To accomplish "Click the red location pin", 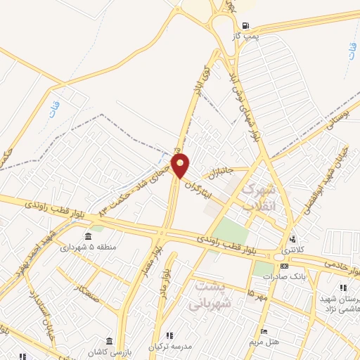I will coord(181,166).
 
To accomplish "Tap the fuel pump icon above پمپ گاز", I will coord(245,24).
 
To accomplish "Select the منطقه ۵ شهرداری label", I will coord(88,247).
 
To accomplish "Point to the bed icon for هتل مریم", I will coord(264,331).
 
